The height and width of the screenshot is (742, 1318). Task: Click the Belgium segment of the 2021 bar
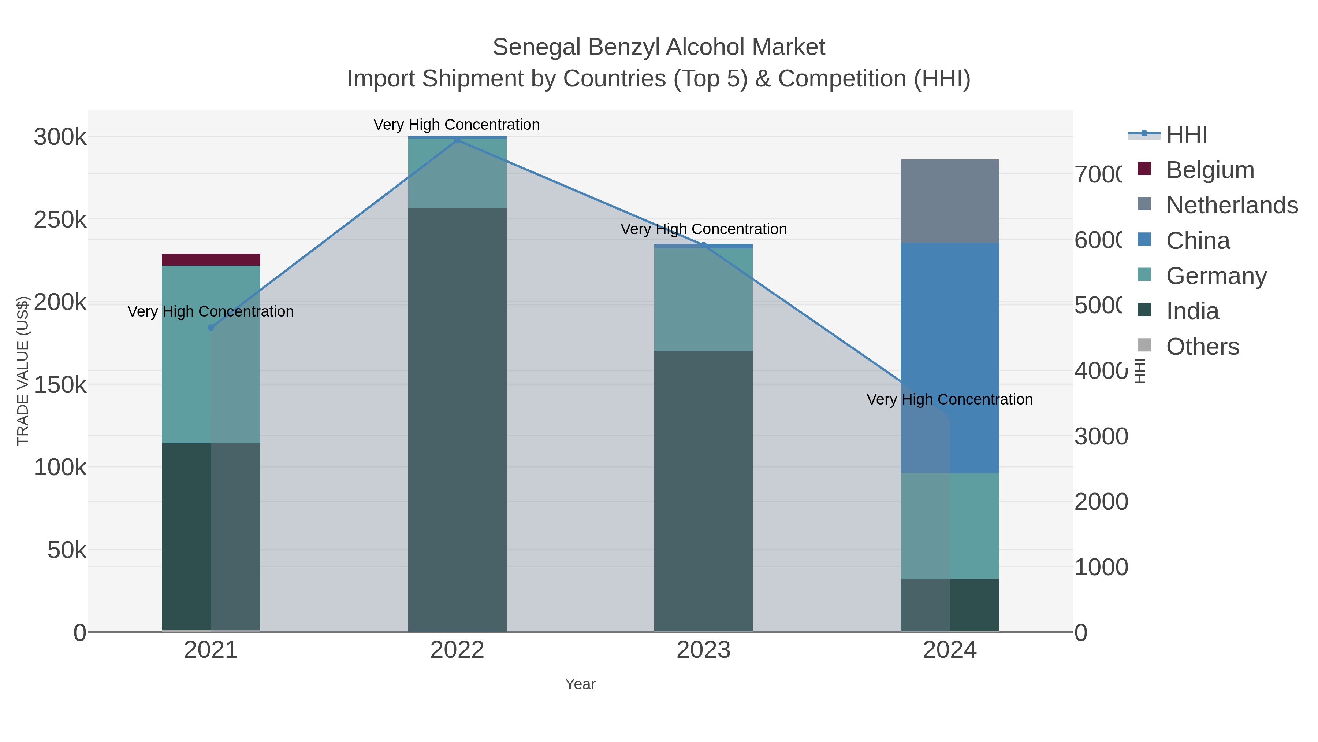[211, 260]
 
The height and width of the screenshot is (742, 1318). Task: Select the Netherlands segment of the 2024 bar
[950, 201]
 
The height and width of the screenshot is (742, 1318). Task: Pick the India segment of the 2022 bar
[457, 420]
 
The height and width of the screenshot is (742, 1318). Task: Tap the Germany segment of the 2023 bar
[704, 300]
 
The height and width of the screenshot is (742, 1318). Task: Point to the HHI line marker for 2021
[211, 328]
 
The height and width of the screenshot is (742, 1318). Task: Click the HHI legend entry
[1186, 135]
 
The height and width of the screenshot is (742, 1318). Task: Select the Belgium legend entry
[1210, 170]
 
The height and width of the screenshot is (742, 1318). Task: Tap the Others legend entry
[1202, 347]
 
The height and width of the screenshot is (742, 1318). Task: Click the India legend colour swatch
[1144, 310]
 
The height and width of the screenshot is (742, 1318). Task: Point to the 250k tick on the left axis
[60, 220]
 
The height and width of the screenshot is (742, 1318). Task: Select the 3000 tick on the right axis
[1101, 437]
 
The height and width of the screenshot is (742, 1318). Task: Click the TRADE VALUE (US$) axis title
[23, 371]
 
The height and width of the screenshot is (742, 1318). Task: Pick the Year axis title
[580, 684]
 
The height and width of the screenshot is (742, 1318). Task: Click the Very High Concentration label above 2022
[457, 125]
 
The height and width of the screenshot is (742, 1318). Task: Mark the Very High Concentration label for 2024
[950, 399]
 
